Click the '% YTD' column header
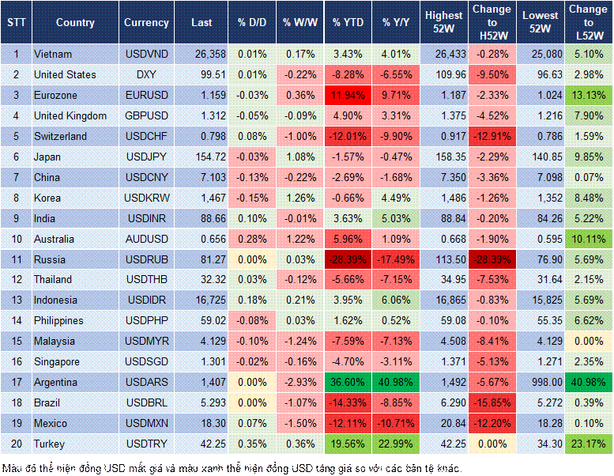pyautogui.click(x=347, y=23)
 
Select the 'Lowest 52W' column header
pyautogui.click(x=541, y=23)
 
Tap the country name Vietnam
pyautogui.click(x=53, y=54)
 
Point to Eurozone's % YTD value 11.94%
pyautogui.click(x=347, y=95)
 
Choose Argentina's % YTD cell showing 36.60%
pyautogui.click(x=347, y=382)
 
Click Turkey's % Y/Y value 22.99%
pyautogui.click(x=397, y=444)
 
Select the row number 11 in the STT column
pyautogui.click(x=16, y=259)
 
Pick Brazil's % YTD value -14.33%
pyautogui.click(x=347, y=402)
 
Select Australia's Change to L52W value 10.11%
pyautogui.click(x=589, y=239)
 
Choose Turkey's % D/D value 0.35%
pyautogui.click(x=251, y=444)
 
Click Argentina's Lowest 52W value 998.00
pyautogui.click(x=541, y=382)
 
